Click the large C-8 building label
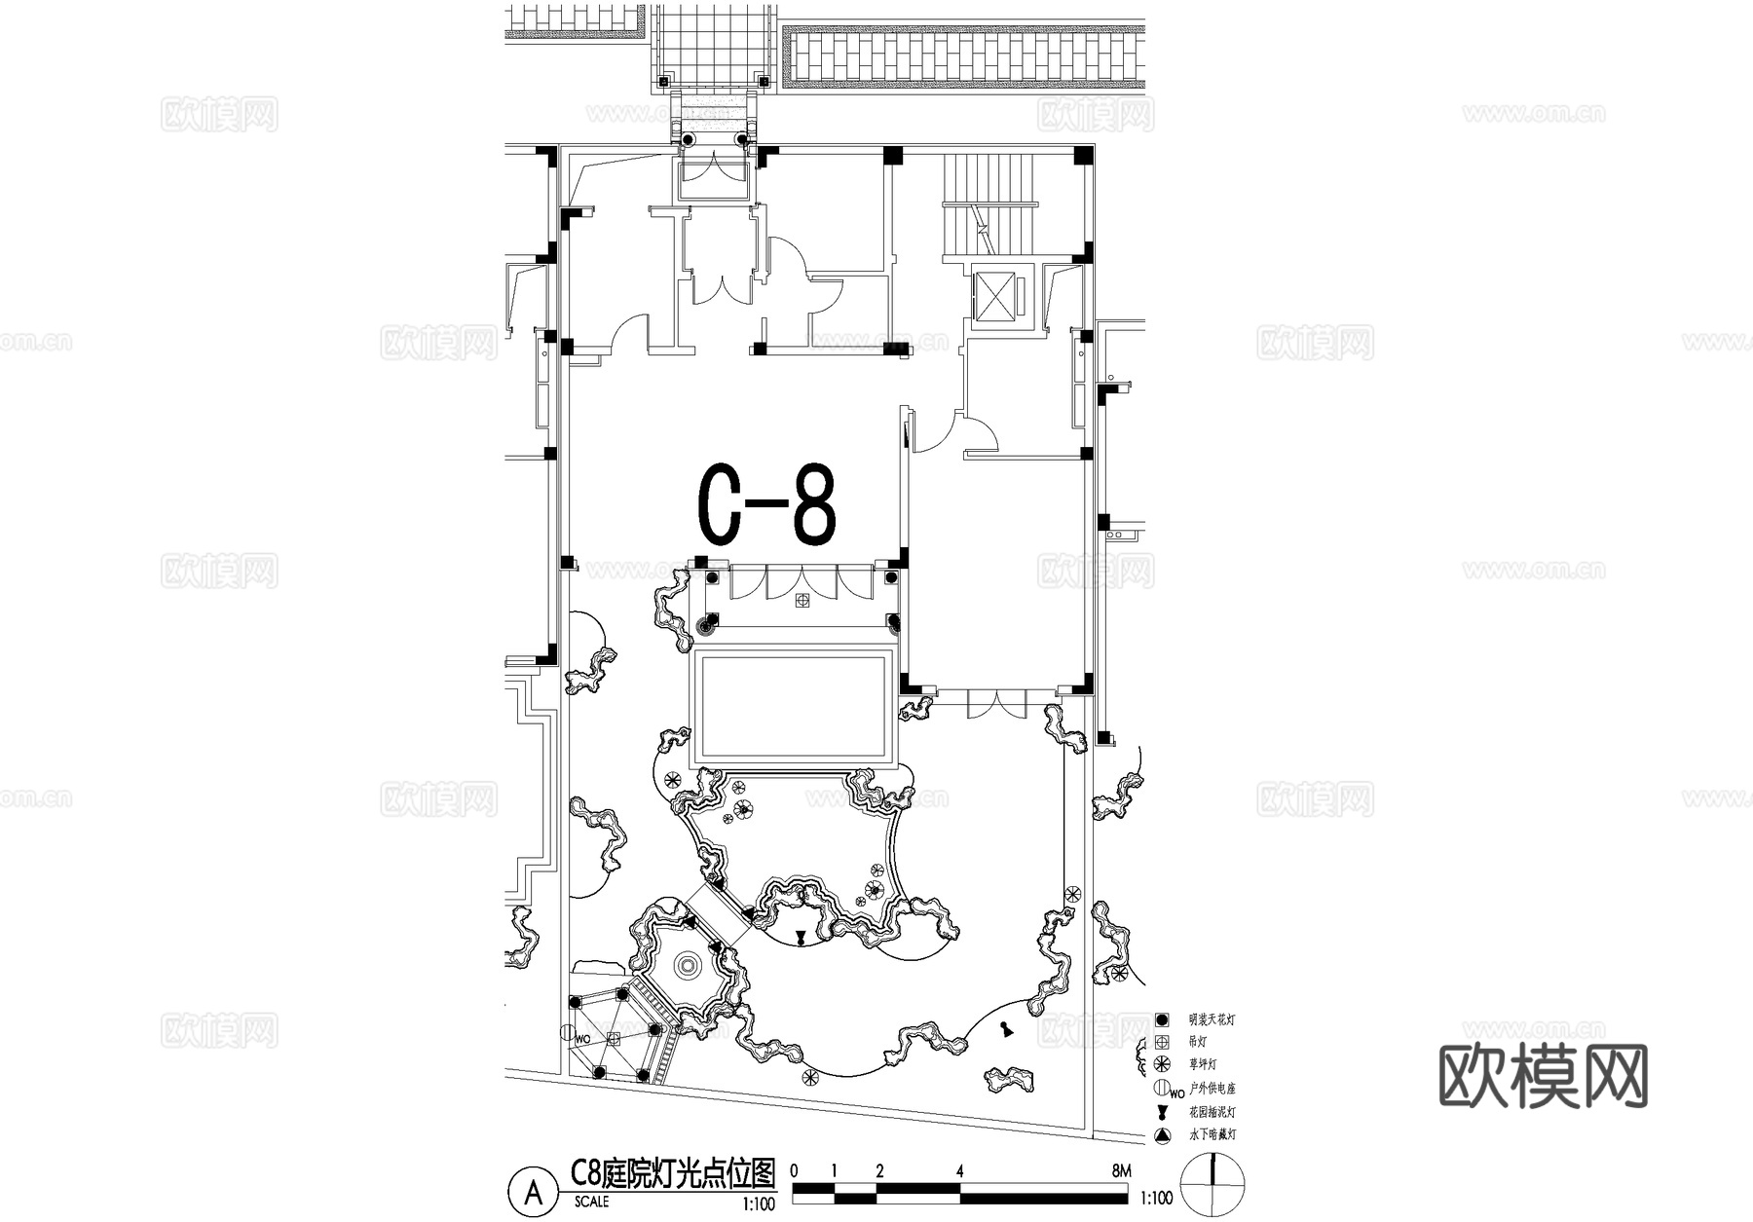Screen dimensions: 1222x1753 point(767,507)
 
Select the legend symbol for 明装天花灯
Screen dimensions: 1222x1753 point(1161,1020)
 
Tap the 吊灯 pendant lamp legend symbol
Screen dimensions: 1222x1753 point(1161,1042)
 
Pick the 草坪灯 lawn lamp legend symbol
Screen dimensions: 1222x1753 point(1161,1064)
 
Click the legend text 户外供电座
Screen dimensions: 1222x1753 point(1212,1088)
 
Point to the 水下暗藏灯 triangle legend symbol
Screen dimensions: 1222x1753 point(1161,1135)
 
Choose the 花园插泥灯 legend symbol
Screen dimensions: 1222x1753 point(1161,1112)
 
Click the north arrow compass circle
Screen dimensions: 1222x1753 point(1212,1182)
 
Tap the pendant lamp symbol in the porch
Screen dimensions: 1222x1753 point(802,601)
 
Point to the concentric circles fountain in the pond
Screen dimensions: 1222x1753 point(687,965)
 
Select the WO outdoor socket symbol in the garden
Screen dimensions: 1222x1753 point(568,1033)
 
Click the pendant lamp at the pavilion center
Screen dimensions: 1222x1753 point(615,1039)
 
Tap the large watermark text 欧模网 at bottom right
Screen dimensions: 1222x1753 point(1543,1076)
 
